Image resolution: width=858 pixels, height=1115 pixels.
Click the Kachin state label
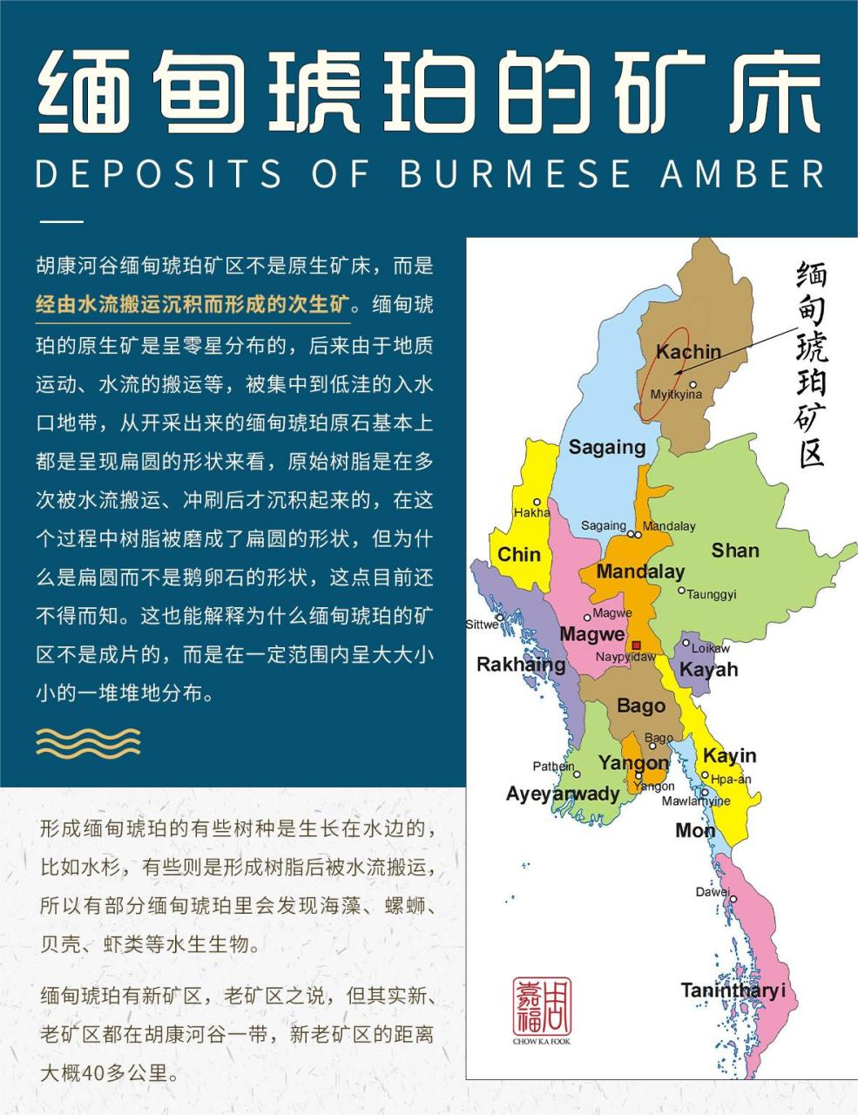[x=688, y=352]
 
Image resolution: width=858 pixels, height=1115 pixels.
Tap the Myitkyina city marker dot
[x=693, y=384]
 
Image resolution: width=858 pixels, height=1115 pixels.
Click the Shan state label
[x=734, y=551]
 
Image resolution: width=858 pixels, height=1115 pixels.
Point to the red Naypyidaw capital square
[x=637, y=645]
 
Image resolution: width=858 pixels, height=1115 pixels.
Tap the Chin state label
[x=519, y=555]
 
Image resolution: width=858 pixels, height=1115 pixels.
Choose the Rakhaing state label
[x=521, y=665]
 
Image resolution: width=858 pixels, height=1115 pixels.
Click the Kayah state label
[x=708, y=669]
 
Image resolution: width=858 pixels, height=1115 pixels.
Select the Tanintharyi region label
[x=733, y=990]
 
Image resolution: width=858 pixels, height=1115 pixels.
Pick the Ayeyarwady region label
[x=563, y=794]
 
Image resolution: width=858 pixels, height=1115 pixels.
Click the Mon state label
[x=695, y=831]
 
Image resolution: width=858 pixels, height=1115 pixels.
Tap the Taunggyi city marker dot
[x=682, y=591]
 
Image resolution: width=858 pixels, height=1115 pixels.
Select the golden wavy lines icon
[x=87, y=742]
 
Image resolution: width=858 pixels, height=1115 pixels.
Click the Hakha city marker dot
[x=537, y=502]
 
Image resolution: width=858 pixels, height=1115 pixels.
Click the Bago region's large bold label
[x=640, y=706]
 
